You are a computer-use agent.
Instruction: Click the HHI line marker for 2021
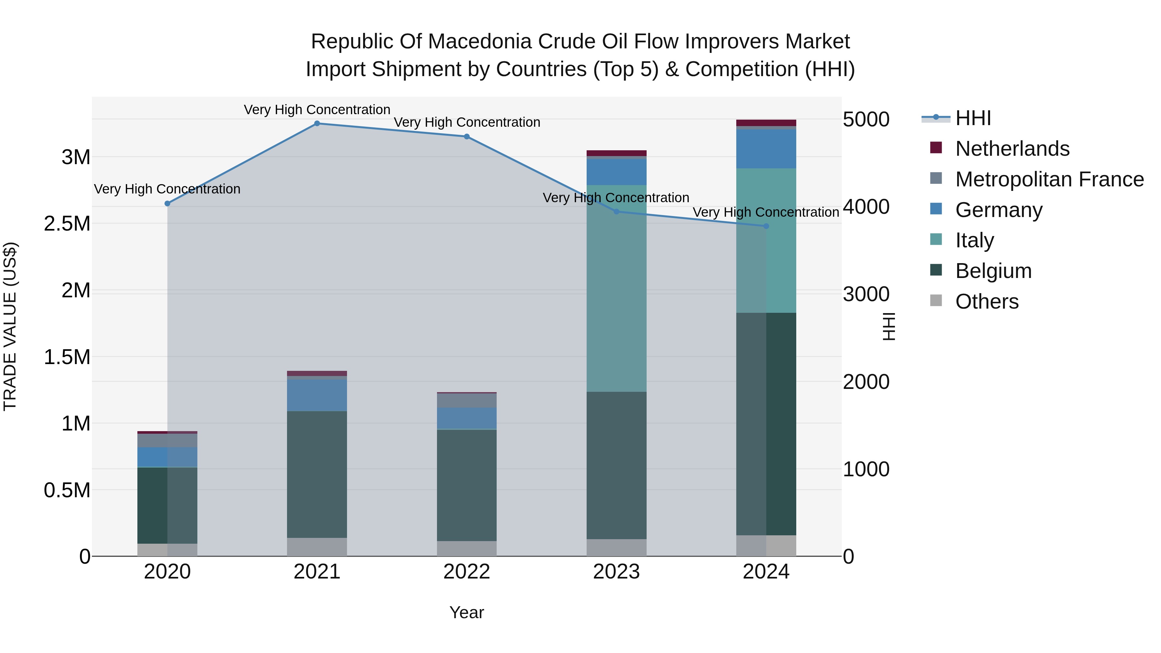point(317,124)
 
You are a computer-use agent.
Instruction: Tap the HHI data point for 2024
point(766,226)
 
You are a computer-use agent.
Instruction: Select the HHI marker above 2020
point(167,204)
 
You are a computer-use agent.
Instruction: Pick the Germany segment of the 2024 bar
point(766,149)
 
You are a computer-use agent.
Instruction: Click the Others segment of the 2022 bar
point(466,549)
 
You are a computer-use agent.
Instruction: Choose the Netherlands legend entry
point(1012,149)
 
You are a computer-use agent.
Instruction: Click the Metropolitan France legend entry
point(1049,179)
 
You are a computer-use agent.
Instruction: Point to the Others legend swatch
point(936,301)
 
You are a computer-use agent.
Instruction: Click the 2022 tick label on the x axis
point(466,572)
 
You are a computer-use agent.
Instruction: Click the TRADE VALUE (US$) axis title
point(10,326)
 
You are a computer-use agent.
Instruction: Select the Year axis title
point(466,612)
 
